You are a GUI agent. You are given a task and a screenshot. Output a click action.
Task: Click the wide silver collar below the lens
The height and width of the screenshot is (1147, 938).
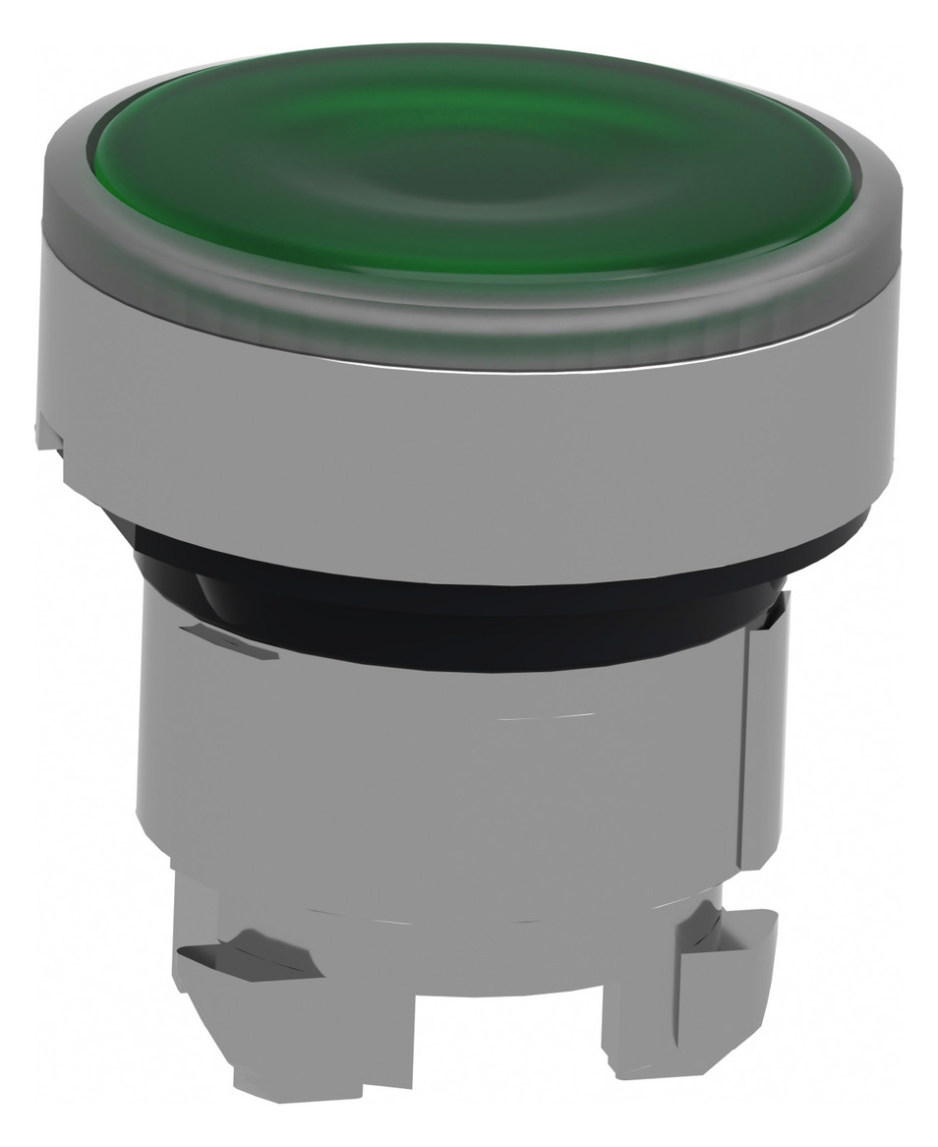tap(462, 462)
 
